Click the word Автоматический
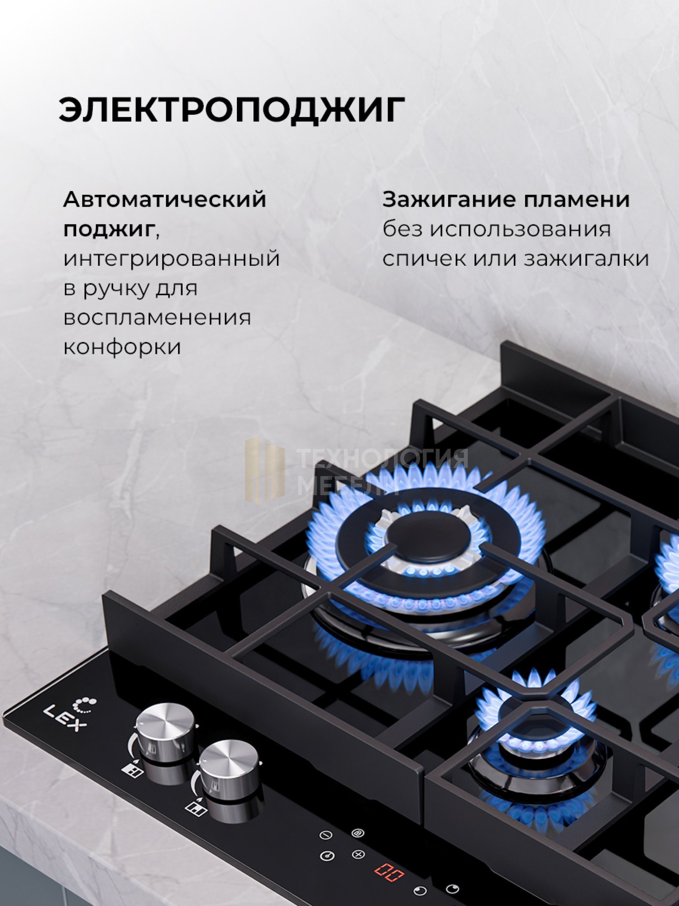coord(165,200)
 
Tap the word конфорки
coord(122,347)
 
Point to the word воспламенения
coord(157,318)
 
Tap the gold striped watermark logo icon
coord(265,469)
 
